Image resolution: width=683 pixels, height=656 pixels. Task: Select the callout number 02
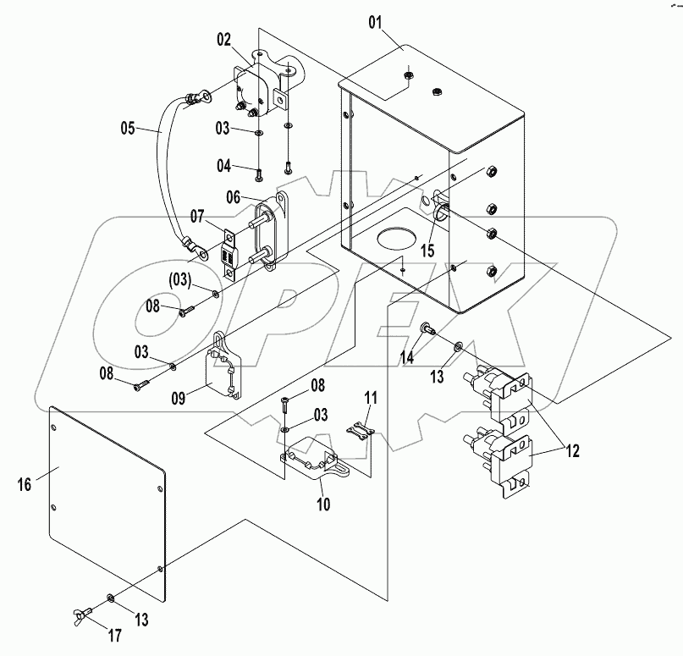[223, 38]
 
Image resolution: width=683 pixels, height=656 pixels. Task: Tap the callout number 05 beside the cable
[127, 130]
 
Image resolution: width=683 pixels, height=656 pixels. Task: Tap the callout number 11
[370, 398]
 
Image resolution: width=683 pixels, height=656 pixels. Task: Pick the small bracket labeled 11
[361, 427]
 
